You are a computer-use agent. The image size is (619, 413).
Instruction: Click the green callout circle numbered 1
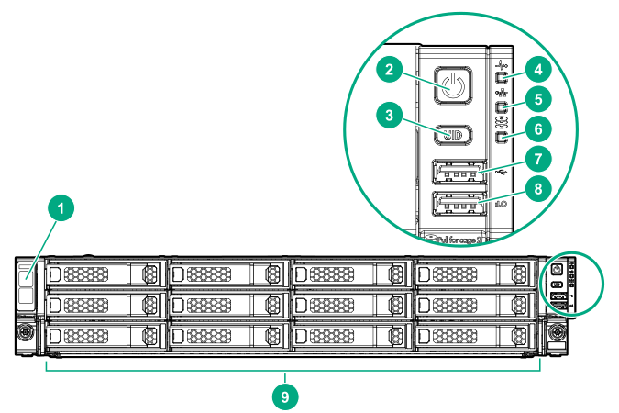click(x=61, y=210)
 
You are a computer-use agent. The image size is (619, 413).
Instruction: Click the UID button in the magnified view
click(x=452, y=135)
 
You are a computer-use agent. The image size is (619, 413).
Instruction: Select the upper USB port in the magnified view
click(x=459, y=173)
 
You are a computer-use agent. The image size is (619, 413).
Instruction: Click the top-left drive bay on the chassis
click(x=105, y=273)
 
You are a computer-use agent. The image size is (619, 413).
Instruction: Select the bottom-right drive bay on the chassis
click(x=475, y=333)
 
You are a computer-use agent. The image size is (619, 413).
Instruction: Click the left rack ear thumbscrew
click(x=24, y=329)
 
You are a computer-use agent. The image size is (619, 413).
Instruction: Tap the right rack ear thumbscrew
click(x=557, y=329)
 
